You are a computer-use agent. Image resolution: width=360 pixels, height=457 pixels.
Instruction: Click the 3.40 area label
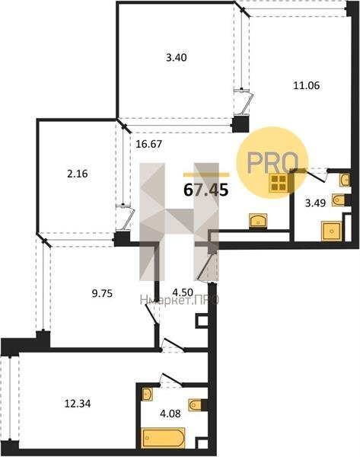pos(177,57)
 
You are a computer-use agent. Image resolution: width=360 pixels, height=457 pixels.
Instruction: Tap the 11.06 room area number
pos(306,85)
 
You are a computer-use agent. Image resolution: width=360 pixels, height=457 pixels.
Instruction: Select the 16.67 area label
pos(149,144)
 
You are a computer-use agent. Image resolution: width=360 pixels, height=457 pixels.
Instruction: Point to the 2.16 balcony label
pos(77,174)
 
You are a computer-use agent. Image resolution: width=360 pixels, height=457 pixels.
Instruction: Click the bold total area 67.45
pos(205,190)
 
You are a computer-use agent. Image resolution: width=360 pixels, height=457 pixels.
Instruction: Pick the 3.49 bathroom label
pos(315,203)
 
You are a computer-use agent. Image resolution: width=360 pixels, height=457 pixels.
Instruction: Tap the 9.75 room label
pos(102,293)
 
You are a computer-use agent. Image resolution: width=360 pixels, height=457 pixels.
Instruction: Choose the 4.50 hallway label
pos(183,292)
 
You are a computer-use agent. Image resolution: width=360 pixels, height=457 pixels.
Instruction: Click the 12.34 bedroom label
pos(77,404)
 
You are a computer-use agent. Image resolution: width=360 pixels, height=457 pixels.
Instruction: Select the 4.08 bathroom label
pos(170,413)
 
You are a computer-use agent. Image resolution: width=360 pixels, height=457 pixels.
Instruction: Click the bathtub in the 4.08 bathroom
pos(164,437)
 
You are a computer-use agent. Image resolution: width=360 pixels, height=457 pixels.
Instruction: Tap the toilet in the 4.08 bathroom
pos(196,404)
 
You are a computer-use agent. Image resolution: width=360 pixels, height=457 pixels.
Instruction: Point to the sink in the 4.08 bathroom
pos(146,394)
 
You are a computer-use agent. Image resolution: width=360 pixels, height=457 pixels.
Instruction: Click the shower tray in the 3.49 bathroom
pos(331,231)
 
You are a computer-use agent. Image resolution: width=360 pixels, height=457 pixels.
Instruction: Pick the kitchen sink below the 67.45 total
pos(258,221)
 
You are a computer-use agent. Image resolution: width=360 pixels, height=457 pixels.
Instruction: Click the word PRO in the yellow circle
pos(272,162)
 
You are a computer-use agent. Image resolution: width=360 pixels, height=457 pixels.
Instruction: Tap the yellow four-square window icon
pos(279,184)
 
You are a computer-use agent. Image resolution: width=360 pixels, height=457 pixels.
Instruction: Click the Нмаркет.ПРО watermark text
pos(180,300)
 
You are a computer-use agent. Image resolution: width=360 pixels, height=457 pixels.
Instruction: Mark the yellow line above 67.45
pos(206,175)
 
